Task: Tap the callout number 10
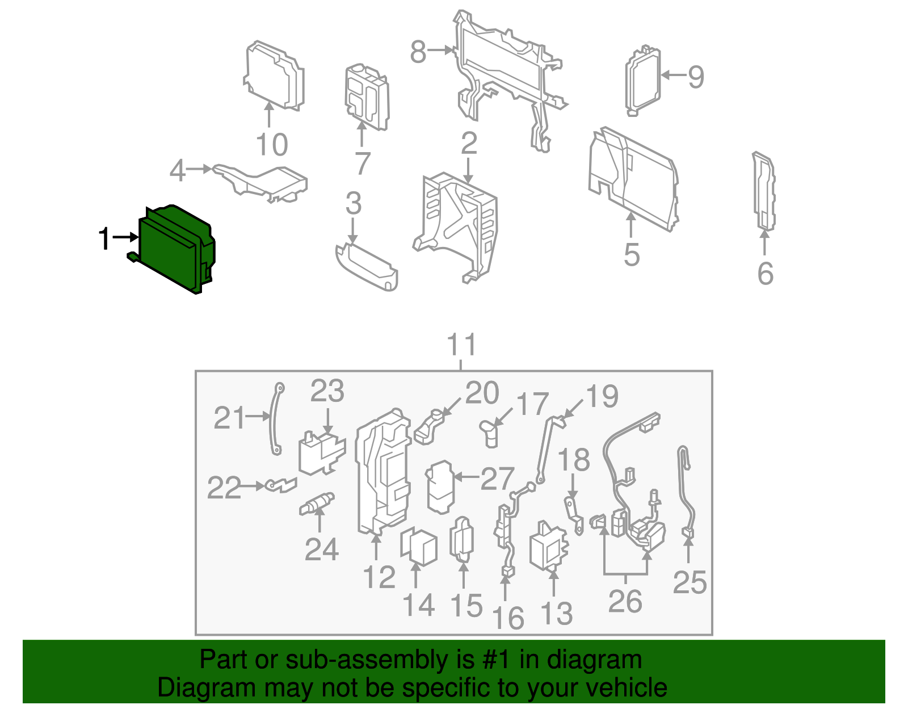tap(272, 145)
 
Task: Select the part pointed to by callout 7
tap(367, 97)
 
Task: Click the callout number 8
tap(418, 52)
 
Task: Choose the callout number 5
tap(632, 254)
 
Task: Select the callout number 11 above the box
tap(461, 345)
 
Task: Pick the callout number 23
tap(327, 391)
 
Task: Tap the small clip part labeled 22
tap(281, 485)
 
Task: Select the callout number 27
tap(497, 479)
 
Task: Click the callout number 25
tap(690, 582)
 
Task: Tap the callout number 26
tap(625, 601)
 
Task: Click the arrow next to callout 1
tap(125, 237)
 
